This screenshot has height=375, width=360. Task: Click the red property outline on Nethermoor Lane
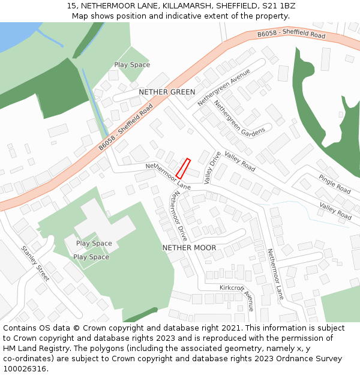(x=183, y=169)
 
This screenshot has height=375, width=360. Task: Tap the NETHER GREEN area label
(x=167, y=92)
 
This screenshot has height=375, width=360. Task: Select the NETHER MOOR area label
(x=189, y=247)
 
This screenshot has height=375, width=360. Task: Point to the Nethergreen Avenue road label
(x=224, y=88)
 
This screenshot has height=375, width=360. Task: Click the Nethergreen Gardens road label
(x=239, y=118)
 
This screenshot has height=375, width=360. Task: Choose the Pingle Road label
(x=334, y=184)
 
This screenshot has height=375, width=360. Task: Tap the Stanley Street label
(x=35, y=264)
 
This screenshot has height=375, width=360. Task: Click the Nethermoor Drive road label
(x=178, y=216)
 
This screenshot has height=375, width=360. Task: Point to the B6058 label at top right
(x=291, y=35)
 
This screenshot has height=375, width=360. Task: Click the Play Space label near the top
(x=132, y=65)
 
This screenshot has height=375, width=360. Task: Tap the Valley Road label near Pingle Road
(x=335, y=211)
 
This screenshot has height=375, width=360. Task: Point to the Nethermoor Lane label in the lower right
(x=275, y=274)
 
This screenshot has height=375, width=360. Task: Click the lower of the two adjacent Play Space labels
(x=91, y=257)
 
